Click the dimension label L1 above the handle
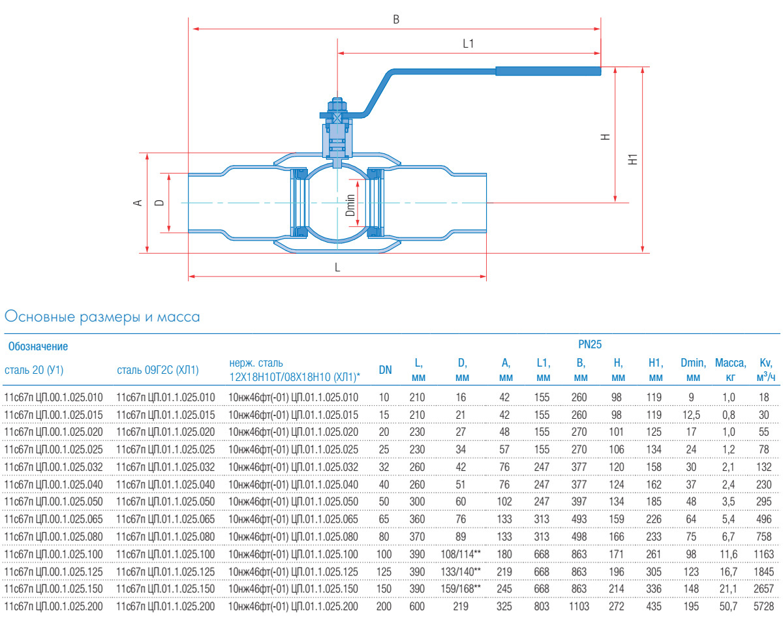point(468,44)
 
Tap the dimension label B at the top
point(395,20)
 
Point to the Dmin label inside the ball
point(351,205)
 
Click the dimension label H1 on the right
point(632,159)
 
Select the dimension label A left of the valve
point(138,203)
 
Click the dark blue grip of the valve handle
point(547,71)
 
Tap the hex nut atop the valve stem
point(337,104)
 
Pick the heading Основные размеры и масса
point(102,317)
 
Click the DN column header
point(386,370)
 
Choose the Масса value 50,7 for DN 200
point(730,606)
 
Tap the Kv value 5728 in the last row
point(765,606)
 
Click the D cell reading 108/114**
point(462,553)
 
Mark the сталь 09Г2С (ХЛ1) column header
point(157,370)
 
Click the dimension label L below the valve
point(337,267)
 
